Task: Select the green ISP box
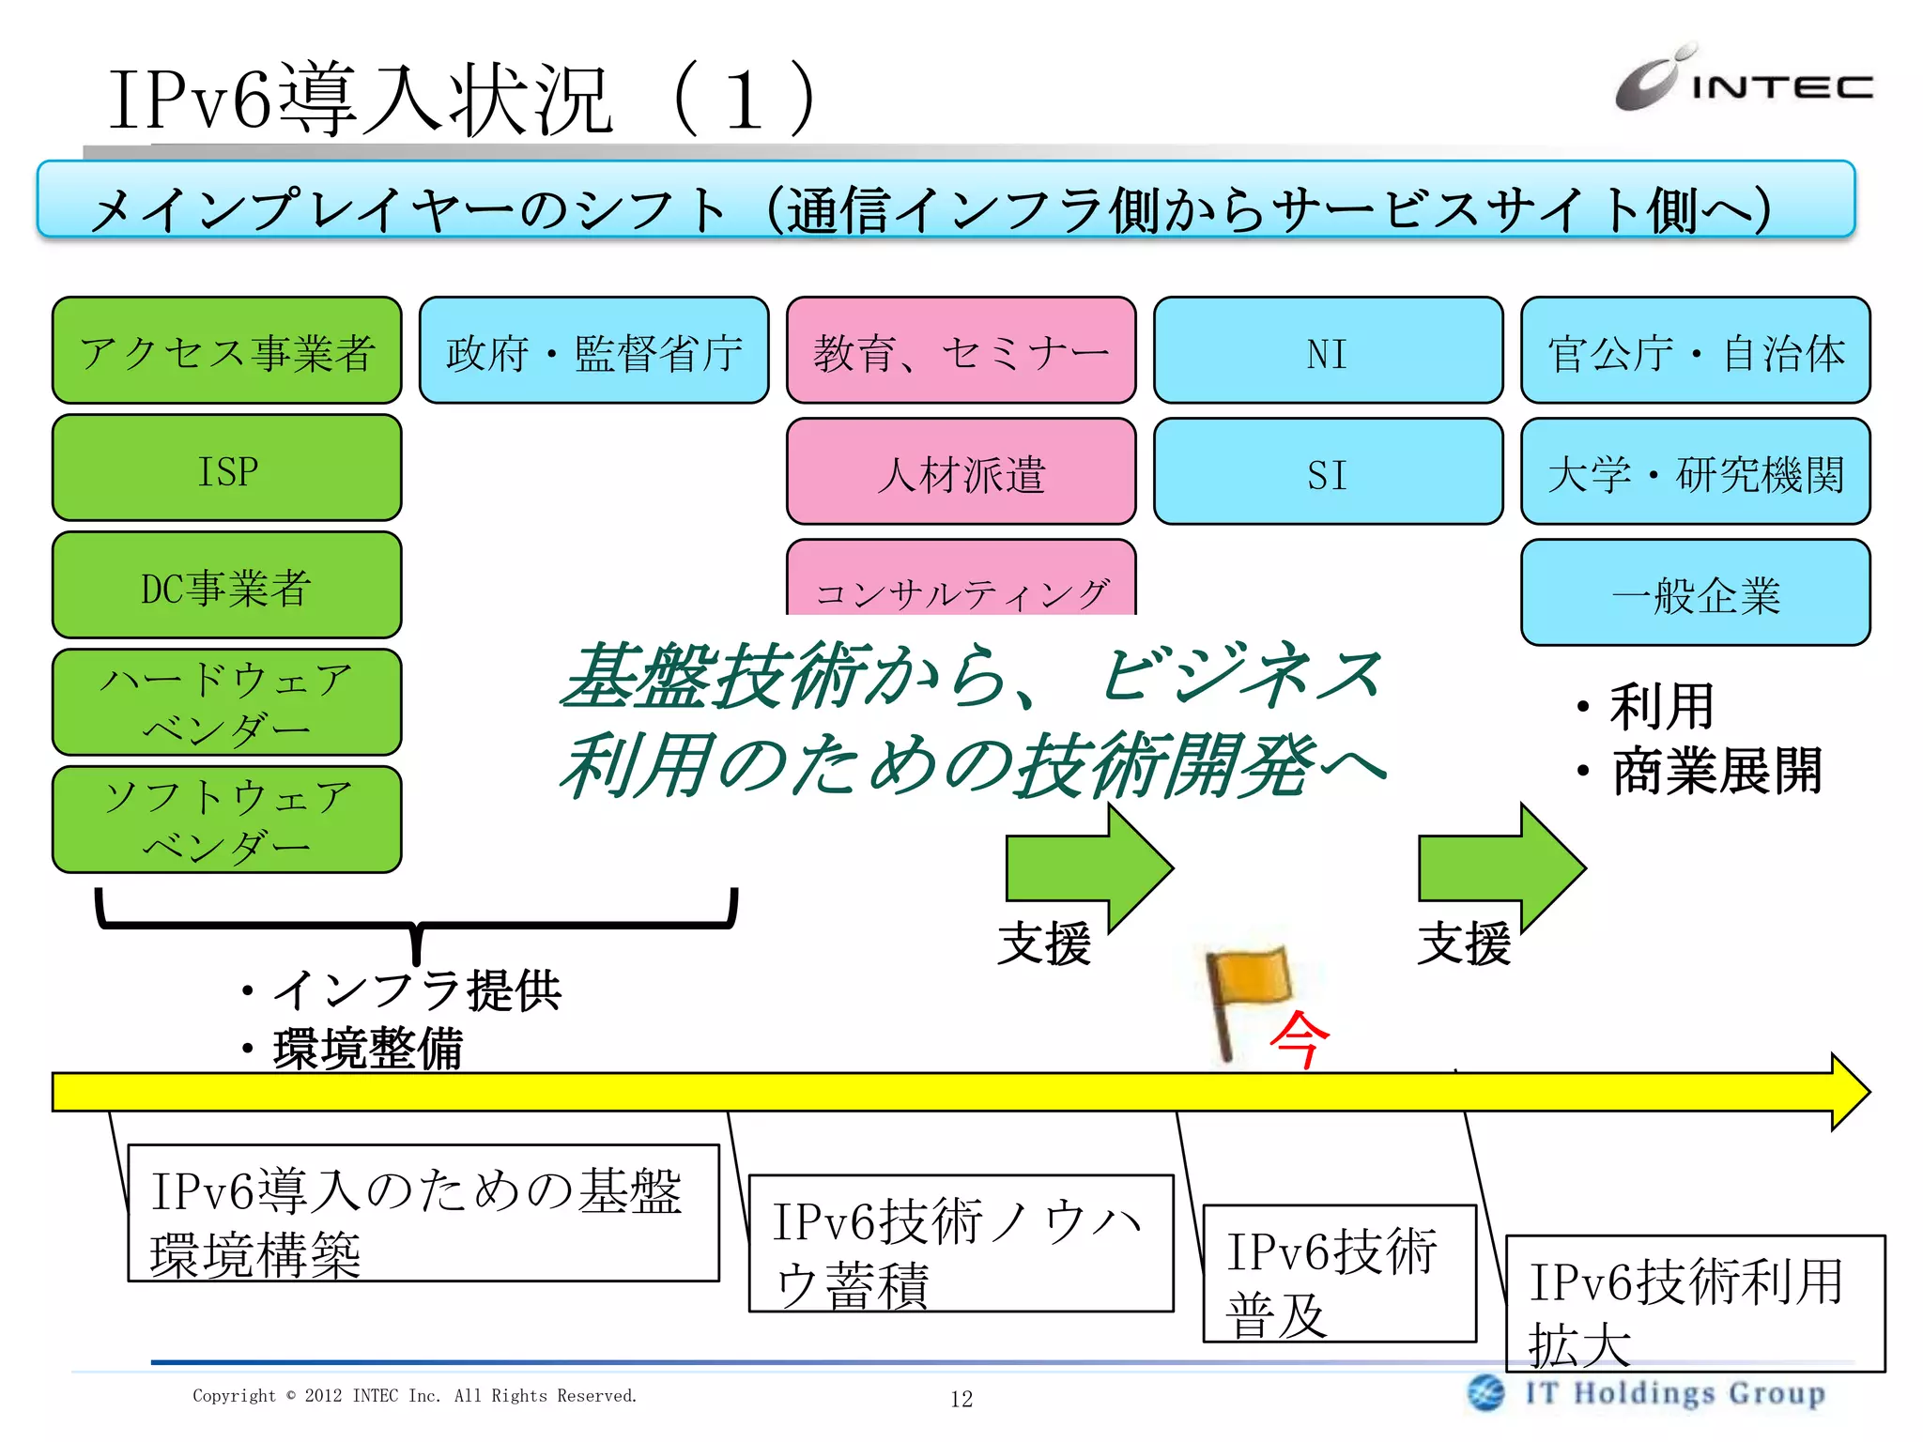(227, 468)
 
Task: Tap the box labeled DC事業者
(227, 586)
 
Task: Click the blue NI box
(1328, 351)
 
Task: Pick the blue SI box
(1328, 472)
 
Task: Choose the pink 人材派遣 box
(961, 472)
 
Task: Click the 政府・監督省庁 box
(593, 351)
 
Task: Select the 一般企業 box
(1695, 593)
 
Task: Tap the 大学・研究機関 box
(1695, 472)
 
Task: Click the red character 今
(1300, 1040)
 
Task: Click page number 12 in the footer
(961, 1399)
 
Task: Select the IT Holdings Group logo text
(1674, 1393)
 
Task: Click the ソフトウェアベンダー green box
(227, 820)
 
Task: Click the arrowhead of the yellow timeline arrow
(1850, 1092)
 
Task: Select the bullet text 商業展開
(1716, 772)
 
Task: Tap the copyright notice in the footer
(414, 1396)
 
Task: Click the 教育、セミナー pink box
(961, 351)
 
